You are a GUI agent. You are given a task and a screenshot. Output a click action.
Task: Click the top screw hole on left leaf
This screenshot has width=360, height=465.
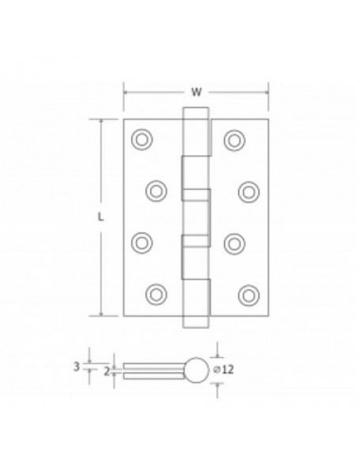pos(142,139)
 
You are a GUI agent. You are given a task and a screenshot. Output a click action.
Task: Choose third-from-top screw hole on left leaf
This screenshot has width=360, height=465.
pos(142,242)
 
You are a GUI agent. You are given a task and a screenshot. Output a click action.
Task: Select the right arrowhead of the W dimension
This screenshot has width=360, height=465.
pos(267,93)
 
